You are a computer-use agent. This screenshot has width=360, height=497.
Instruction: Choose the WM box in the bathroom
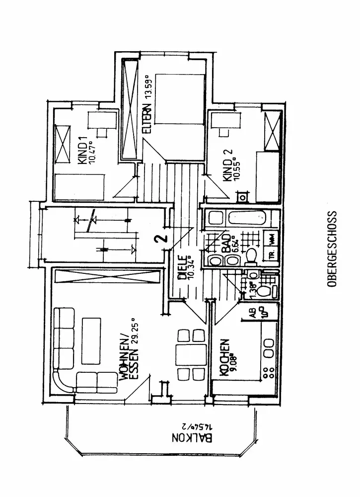272,239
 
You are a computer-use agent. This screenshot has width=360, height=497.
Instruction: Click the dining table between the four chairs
189,354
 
